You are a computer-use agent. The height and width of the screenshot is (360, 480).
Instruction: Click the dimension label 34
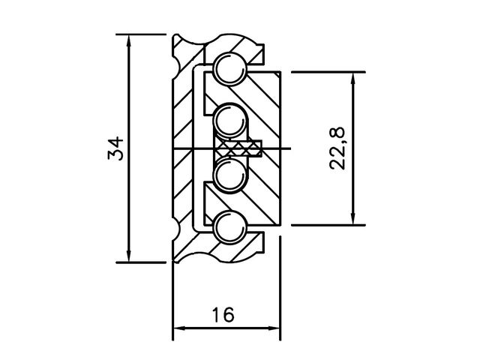[x=115, y=148]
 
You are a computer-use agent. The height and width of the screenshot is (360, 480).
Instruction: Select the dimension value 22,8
[x=337, y=148]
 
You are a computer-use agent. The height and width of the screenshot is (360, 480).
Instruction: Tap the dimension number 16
[x=223, y=315]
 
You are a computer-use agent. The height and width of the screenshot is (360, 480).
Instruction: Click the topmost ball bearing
[x=230, y=68]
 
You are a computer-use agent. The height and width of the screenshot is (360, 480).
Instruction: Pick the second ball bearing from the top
[x=230, y=120]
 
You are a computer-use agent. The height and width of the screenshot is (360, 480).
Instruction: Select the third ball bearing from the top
[x=230, y=176]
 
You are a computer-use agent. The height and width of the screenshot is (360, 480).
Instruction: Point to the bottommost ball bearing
[x=230, y=226]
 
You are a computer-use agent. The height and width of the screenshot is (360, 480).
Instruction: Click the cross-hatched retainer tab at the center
[x=238, y=148]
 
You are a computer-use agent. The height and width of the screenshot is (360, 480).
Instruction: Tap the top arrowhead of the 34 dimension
[x=129, y=42]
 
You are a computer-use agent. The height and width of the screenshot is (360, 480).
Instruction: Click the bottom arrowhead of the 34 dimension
[x=129, y=255]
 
